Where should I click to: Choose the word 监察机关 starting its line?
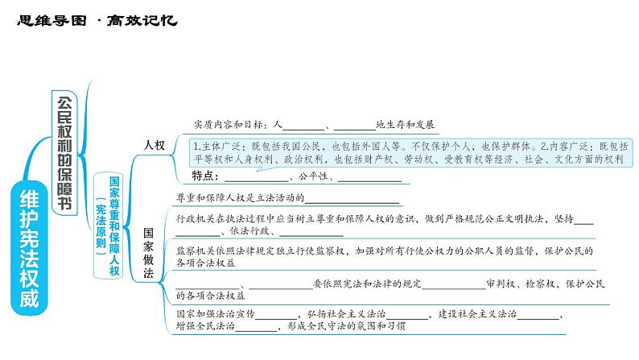193,250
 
